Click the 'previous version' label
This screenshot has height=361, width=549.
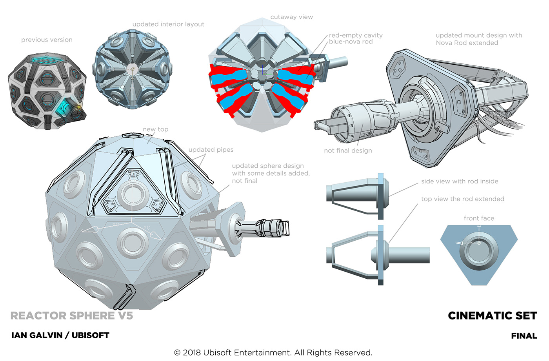(47, 40)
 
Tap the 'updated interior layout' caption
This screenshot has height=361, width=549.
(168, 24)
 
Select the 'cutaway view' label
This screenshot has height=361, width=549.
(291, 17)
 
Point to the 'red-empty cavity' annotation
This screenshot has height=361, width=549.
(356, 35)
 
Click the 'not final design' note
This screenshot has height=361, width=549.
(348, 151)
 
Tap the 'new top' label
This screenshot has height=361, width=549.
(155, 129)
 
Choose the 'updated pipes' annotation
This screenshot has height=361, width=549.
(211, 150)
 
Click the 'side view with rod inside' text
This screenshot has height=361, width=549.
(460, 181)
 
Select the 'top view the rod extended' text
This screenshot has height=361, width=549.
(462, 199)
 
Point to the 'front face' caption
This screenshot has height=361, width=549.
(479, 218)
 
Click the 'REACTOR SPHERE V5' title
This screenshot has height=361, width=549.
(72, 316)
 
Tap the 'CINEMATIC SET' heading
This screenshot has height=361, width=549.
(492, 316)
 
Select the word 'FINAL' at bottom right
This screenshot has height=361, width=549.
(524, 336)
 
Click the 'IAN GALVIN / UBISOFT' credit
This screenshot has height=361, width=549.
(60, 336)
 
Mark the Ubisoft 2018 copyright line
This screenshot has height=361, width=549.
(273, 352)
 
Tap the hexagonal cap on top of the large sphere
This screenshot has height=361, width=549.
(133, 135)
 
